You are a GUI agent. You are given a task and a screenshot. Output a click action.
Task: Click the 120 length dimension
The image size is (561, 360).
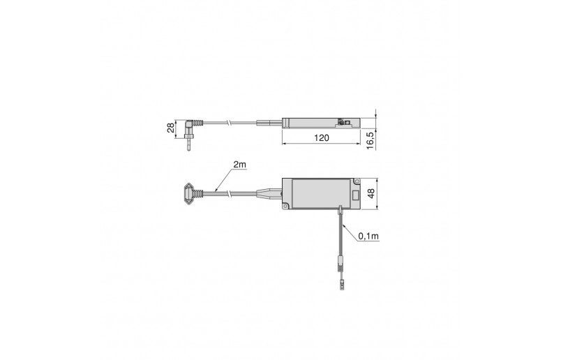(320, 139)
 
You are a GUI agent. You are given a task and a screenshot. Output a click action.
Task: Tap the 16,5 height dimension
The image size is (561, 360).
(370, 137)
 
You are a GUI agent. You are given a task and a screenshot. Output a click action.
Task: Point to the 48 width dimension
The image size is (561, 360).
(371, 193)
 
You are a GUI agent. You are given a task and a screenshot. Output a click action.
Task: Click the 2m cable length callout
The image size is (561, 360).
(240, 165)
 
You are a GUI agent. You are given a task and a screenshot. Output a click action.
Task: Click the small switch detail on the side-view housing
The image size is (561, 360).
(344, 122)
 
